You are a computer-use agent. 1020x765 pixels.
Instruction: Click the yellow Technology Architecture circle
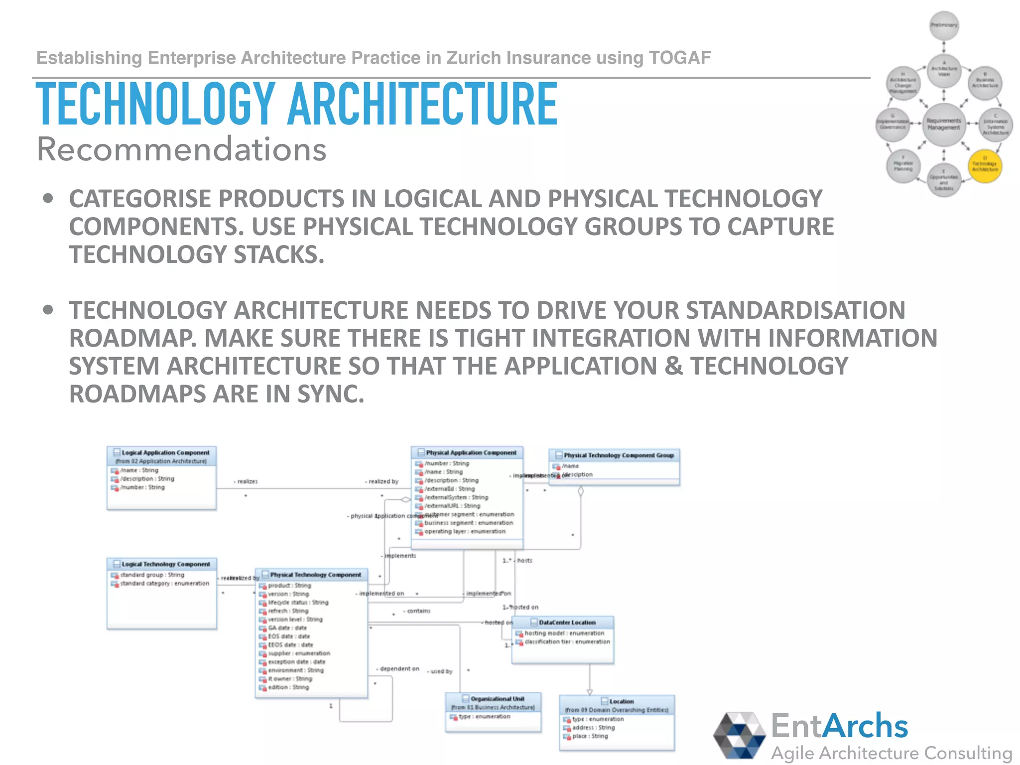coord(984,166)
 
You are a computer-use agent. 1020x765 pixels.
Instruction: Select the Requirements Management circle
coord(943,125)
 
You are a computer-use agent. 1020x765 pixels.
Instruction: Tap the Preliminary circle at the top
coord(944,25)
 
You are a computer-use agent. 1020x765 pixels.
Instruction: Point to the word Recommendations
coord(182,149)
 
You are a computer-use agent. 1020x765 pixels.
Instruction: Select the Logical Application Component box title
coord(165,453)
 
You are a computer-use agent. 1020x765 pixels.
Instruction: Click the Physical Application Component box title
coord(471,453)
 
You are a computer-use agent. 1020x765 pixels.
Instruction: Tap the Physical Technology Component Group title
coord(618,455)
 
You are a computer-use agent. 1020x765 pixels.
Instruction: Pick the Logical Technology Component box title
coord(165,564)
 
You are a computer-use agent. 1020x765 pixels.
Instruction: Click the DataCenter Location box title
coord(567,623)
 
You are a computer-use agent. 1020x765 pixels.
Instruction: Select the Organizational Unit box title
coord(497,699)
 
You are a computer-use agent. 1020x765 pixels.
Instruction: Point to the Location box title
coord(621,701)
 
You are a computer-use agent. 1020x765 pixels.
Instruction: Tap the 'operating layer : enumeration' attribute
coord(464,531)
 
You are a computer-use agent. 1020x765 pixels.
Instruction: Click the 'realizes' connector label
coord(247,482)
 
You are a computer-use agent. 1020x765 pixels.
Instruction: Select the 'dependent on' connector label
coord(399,669)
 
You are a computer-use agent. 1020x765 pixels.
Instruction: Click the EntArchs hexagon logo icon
coord(739,736)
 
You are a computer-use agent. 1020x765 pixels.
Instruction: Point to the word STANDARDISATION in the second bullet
coord(795,310)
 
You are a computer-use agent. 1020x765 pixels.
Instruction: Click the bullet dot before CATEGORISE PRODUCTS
coord(48,199)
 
